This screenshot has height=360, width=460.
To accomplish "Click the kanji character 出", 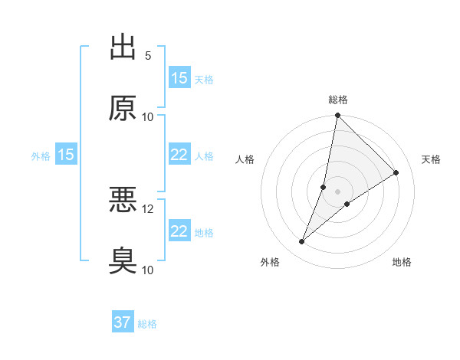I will click(x=123, y=47).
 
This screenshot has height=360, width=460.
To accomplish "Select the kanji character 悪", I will click(x=123, y=200).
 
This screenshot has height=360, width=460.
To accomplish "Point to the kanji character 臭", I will click(x=123, y=260).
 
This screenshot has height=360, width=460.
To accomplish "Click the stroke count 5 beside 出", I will click(x=148, y=56).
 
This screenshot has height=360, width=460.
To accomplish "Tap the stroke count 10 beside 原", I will click(x=148, y=116).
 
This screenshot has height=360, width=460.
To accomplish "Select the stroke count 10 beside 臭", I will click(x=148, y=270).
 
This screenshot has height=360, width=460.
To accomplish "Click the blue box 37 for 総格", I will click(x=123, y=322).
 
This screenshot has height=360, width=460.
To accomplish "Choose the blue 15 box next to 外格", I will click(x=66, y=155).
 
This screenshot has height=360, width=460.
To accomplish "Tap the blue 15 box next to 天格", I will click(x=179, y=78).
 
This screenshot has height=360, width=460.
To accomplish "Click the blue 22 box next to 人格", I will click(x=179, y=155).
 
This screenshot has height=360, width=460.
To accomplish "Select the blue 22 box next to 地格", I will click(x=179, y=231).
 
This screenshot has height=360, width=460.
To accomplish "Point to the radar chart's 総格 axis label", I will click(x=338, y=100).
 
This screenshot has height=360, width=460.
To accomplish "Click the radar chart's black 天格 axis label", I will click(x=432, y=159).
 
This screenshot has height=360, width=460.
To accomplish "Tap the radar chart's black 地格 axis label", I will click(x=402, y=263).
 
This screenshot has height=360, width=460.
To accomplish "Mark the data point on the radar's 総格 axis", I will click(x=337, y=116).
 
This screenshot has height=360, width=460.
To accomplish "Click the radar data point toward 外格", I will click(x=302, y=242).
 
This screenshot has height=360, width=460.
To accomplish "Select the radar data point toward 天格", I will click(x=396, y=173).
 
